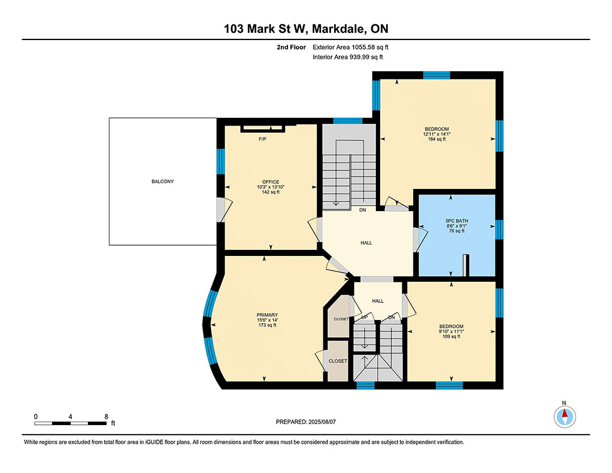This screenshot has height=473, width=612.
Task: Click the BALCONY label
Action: (163, 181)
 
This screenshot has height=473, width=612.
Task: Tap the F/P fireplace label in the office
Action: (262, 139)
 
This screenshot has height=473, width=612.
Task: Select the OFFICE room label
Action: (271, 182)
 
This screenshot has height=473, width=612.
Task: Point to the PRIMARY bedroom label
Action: (267, 315)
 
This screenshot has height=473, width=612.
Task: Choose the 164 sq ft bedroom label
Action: (437, 129)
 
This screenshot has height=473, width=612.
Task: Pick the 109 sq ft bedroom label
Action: (451, 326)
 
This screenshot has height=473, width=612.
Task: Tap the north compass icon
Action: (564, 416)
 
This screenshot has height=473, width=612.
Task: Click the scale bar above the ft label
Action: (71, 423)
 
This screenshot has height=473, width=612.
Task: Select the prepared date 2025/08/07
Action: (322, 422)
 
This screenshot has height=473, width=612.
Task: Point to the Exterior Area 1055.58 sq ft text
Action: (350, 47)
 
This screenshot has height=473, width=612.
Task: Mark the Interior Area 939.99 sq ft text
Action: (348, 57)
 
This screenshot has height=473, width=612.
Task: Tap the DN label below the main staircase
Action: (363, 210)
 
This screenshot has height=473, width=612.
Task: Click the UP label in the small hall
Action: (365, 317)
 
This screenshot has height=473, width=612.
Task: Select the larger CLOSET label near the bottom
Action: (338, 361)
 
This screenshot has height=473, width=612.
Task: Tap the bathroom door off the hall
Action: (420, 239)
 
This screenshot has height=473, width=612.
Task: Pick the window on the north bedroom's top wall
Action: (437, 75)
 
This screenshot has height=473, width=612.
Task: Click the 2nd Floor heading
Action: (291, 47)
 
